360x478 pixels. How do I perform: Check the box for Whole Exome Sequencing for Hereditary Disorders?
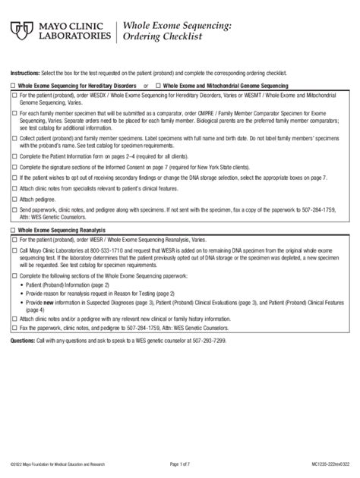pyautogui.click(x=14, y=87)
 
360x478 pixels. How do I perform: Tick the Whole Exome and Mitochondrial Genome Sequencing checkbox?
pyautogui.click(x=159, y=87)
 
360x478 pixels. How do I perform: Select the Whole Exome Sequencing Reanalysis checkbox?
pyautogui.click(x=14, y=228)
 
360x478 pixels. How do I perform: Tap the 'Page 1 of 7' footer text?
pyautogui.click(x=180, y=462)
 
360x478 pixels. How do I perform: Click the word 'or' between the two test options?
pyautogui.click(x=146, y=87)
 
